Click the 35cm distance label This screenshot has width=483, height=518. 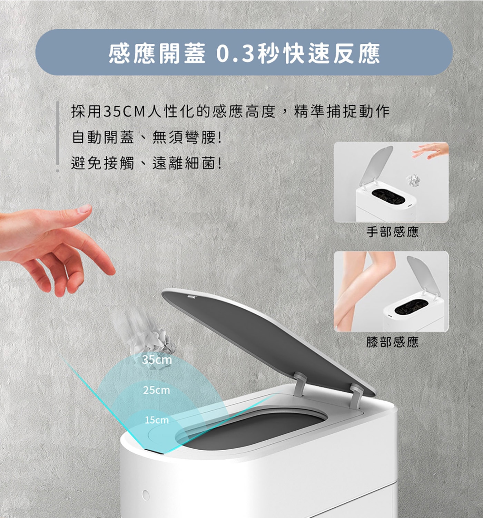coord(157,360)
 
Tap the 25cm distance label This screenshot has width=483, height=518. coord(156,391)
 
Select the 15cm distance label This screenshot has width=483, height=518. coord(157,420)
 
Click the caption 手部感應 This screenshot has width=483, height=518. coord(392,232)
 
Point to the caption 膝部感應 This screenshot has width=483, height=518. coord(392,342)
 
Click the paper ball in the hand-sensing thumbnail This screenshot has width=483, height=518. coord(413,180)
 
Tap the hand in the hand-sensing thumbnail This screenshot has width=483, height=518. coord(430,150)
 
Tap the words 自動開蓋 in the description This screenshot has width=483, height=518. coord(103,137)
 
